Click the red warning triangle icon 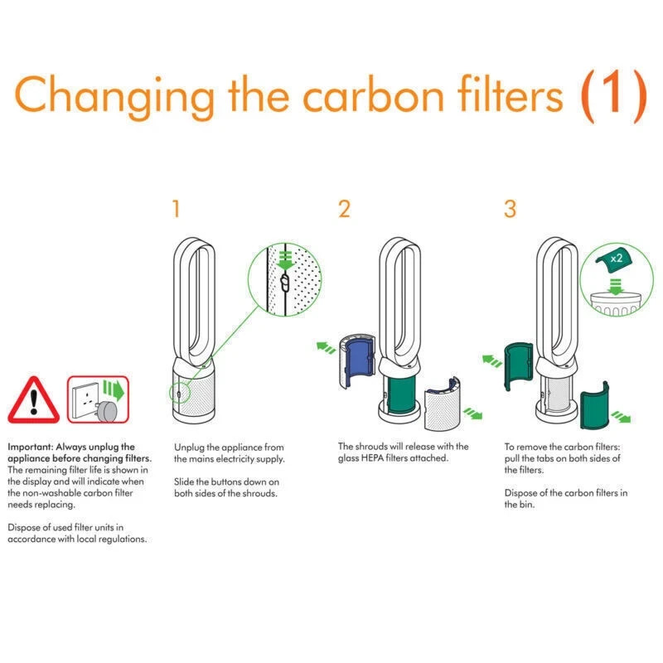coord(34,400)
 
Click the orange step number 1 coord(177,209)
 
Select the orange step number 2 coord(344,209)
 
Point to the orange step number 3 coord(511,209)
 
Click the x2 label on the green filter coord(616,259)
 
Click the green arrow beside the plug coord(114,390)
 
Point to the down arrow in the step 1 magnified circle coord(285,260)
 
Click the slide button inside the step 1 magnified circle coord(285,283)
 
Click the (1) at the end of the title coord(613,96)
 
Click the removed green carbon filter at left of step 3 coord(519,366)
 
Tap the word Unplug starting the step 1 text coord(188,448)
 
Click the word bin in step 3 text coord(526,505)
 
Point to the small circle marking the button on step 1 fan coord(179,394)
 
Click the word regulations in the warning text coord(122,540)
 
